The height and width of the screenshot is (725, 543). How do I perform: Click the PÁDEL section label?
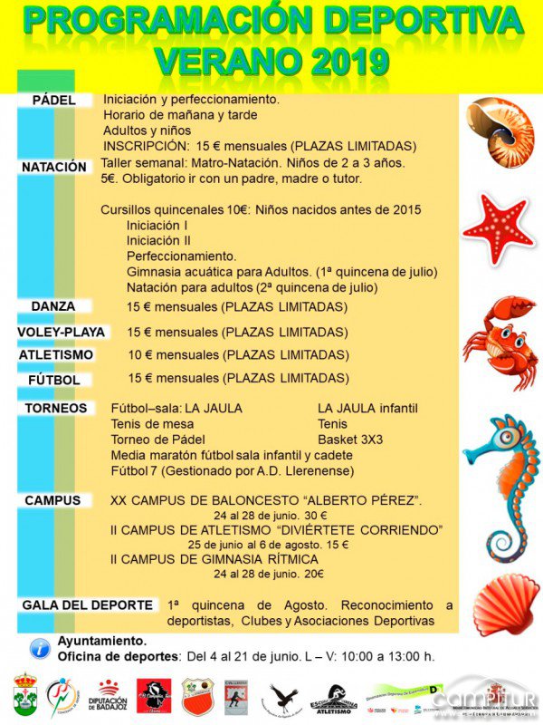pos(53,100)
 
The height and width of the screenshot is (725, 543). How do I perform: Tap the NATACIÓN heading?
pos(55,167)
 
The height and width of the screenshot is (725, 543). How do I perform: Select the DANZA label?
pos(53,306)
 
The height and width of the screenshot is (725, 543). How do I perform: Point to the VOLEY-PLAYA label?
pos(62,332)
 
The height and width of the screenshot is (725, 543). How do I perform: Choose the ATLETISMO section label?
pos(56,354)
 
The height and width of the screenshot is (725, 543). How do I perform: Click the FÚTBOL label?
pos(54,379)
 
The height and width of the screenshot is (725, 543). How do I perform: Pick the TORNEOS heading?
pos(56,408)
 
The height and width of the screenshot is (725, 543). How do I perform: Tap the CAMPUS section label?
pos(52,500)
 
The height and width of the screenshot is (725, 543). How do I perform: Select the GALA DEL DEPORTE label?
pos(87,604)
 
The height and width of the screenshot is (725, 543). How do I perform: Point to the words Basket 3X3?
pos(350,440)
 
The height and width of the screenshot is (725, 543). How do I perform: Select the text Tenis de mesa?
pos(147,424)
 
